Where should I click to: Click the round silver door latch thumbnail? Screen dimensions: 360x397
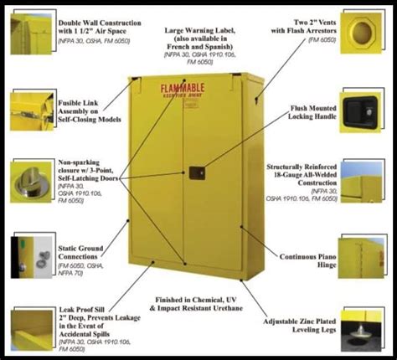click(x=31, y=180)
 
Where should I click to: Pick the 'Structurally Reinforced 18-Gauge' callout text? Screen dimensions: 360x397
click(x=301, y=179)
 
